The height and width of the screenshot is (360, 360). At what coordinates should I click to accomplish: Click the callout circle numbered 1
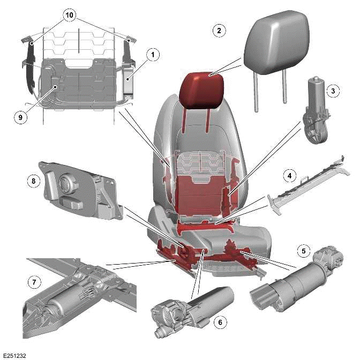pyautogui.click(x=153, y=55)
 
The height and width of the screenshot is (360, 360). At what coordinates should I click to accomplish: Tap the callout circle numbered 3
pyautogui.click(x=333, y=91)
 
